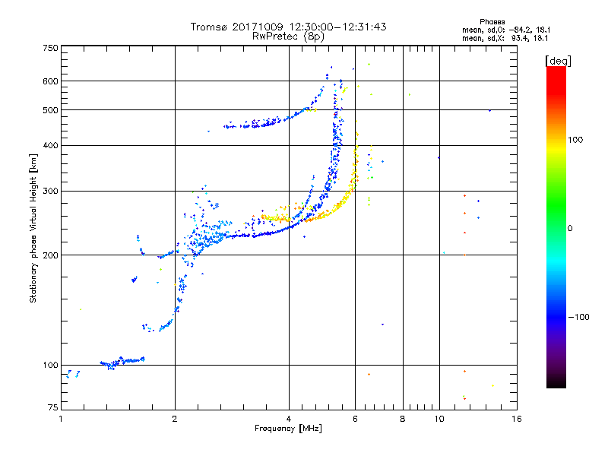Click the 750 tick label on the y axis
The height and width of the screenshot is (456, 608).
tap(49, 48)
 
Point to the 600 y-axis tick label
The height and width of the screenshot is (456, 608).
tap(49, 81)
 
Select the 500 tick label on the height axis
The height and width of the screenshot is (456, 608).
tap(49, 109)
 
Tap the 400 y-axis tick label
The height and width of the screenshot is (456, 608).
tap(49, 145)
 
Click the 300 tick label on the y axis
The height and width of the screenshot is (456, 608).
tap(49, 191)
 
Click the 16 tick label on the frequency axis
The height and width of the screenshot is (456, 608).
tap(516, 419)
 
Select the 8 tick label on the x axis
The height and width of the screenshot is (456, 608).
tap(403, 419)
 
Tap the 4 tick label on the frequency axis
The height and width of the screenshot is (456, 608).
tap(289, 419)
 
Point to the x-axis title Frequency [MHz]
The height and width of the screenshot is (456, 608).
tap(289, 429)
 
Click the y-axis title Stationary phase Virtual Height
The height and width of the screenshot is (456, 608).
tap(33, 228)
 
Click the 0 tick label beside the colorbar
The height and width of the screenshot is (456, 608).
tap(572, 228)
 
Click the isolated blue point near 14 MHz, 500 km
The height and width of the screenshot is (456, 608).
tap(489, 110)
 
